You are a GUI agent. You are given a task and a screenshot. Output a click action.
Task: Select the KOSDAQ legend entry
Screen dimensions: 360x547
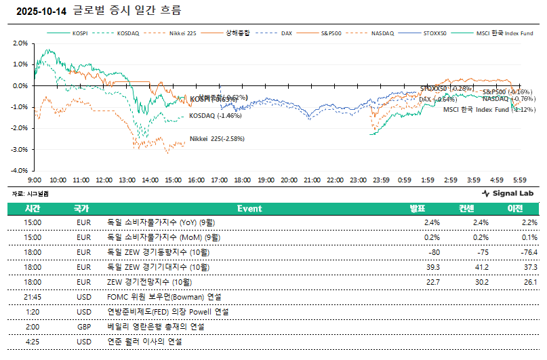click(x=128, y=33)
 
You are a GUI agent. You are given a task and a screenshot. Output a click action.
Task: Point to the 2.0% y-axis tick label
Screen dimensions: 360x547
click(x=20, y=43)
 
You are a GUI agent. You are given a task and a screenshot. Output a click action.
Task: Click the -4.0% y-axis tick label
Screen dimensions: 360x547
click(x=20, y=170)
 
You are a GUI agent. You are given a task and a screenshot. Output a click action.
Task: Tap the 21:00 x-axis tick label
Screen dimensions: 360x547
click(x=312, y=180)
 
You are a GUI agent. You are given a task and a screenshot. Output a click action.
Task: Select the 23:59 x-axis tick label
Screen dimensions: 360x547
click(x=381, y=180)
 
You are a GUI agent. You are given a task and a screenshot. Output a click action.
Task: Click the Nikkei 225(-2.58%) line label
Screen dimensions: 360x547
click(x=217, y=138)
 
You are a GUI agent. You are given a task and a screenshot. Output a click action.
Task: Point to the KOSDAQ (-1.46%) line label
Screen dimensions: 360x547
click(x=215, y=116)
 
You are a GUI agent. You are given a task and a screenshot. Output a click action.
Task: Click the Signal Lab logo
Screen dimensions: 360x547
click(x=507, y=193)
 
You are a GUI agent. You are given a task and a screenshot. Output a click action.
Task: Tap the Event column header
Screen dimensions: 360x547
click(x=249, y=209)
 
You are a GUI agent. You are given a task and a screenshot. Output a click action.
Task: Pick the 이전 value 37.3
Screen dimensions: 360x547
click(x=529, y=267)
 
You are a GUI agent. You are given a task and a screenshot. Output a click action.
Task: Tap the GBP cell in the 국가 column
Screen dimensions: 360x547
click(x=84, y=327)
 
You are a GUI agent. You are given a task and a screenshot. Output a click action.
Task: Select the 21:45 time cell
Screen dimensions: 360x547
click(x=33, y=297)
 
